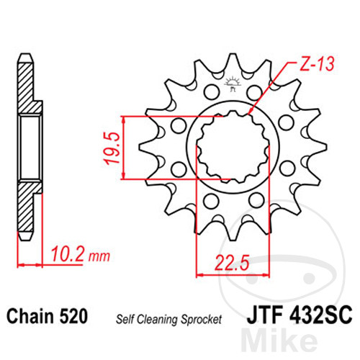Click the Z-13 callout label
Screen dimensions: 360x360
click(x=317, y=64)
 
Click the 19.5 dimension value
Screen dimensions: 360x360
click(x=112, y=148)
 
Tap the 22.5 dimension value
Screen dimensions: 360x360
click(x=232, y=262)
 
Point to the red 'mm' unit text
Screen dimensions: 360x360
click(x=99, y=256)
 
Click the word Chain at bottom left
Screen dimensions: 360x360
click(x=30, y=316)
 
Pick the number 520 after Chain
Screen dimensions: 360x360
click(x=73, y=316)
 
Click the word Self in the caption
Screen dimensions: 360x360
click(x=125, y=319)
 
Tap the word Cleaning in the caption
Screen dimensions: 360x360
click(x=157, y=320)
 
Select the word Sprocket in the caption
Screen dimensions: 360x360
click(x=201, y=320)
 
